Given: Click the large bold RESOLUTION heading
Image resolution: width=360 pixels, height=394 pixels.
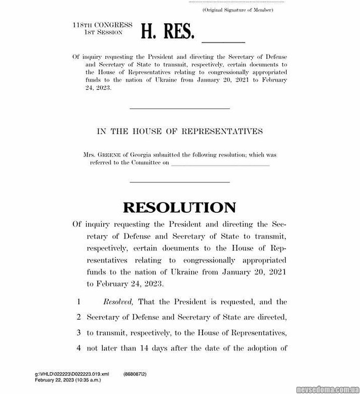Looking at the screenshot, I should pos(179,208).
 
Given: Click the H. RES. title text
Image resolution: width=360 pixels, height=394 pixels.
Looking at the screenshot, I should pos(167,31).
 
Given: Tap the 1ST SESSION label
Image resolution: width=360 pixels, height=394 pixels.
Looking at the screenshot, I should pos(103,32).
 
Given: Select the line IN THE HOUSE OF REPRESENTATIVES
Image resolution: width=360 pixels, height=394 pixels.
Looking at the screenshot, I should pos(180,131).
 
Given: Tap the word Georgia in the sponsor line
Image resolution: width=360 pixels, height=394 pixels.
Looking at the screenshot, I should pos(137,155).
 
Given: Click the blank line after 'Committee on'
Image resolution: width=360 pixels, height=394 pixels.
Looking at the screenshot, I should pos(220,164).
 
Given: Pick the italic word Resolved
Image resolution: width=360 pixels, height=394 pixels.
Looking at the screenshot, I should pos(118,302).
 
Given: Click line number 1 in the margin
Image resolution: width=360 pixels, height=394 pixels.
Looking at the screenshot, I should pos(78,302).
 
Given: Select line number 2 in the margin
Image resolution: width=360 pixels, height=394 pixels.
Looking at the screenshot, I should pos(78,318).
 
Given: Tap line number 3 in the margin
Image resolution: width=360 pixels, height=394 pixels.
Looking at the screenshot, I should pos(78,333).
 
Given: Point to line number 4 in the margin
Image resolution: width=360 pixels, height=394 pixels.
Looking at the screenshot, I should pos(78,348).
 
